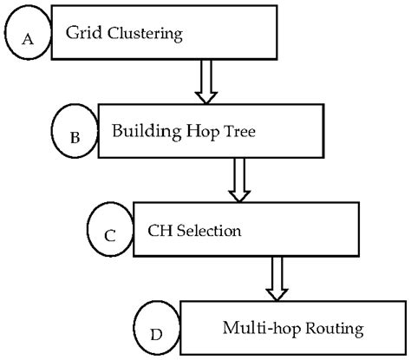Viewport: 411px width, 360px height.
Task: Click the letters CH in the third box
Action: click(x=156, y=232)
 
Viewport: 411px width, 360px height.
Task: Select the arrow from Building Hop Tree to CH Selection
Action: click(x=238, y=179)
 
